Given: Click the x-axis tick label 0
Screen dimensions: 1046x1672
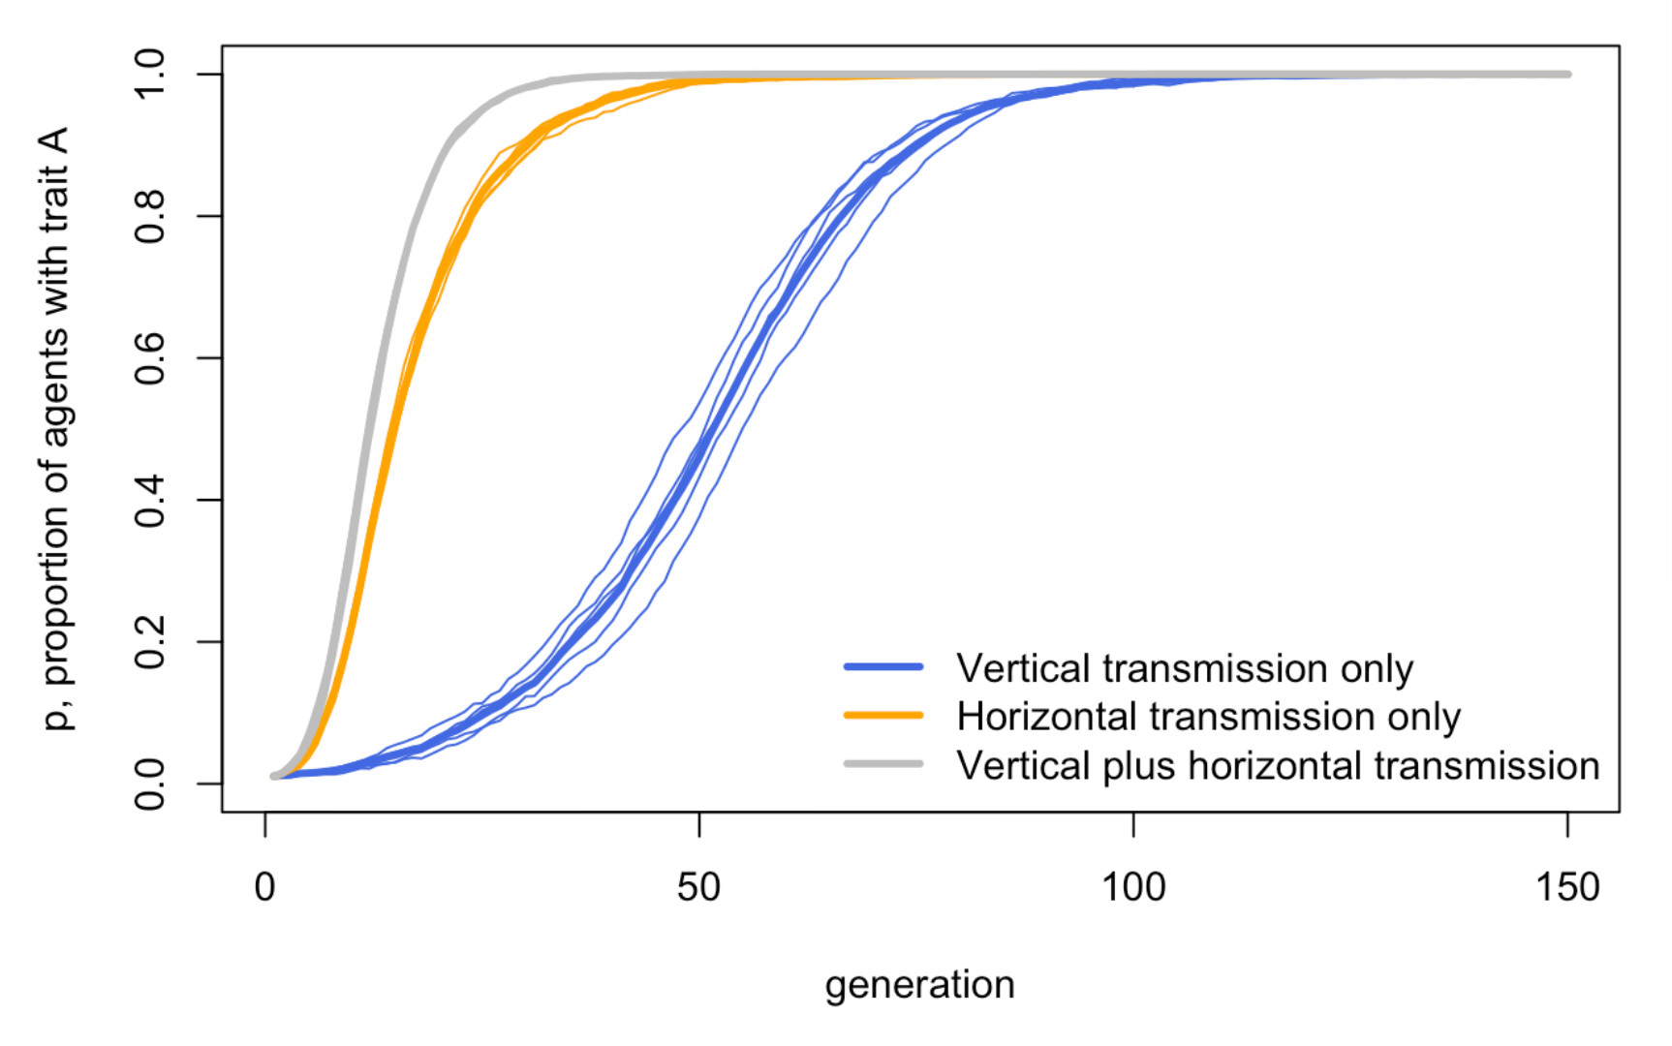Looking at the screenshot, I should tap(264, 887).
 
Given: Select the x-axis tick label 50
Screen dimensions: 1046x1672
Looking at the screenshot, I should tap(698, 887).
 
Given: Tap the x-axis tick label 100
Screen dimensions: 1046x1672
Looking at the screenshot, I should tap(1133, 887).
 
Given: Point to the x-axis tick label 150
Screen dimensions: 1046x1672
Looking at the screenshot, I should tap(1567, 887).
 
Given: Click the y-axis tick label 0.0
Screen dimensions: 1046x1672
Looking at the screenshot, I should tap(151, 784).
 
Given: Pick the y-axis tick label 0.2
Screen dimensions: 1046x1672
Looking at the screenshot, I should tap(151, 642).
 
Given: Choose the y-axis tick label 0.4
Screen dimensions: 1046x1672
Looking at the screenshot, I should tap(151, 501).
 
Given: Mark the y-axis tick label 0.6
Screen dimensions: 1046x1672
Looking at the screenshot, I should tap(151, 358).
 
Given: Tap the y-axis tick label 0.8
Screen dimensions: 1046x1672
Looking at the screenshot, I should tap(151, 217).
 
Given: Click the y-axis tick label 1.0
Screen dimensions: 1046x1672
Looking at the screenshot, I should tap(151, 75).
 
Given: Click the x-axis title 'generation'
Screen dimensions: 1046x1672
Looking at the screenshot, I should tap(919, 986).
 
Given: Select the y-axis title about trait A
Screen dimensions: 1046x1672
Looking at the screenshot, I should tap(56, 428).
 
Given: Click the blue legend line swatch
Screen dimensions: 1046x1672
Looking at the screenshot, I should tap(883, 667).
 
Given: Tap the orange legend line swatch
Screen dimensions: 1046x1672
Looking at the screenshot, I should tap(883, 716).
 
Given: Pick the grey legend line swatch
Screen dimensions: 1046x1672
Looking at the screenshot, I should tap(883, 764).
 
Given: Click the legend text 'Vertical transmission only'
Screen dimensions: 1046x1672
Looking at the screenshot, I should tap(1185, 668).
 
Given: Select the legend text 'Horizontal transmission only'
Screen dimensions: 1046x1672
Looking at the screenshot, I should tap(1208, 717).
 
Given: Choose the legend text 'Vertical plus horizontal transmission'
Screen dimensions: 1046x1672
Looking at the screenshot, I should tap(1278, 766).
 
